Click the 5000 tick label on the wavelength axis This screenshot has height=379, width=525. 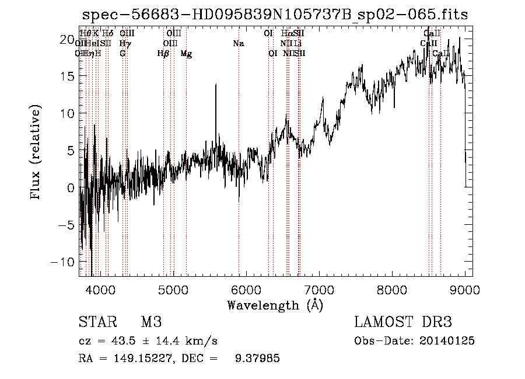point(173,290)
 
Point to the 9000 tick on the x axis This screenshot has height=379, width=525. point(465,290)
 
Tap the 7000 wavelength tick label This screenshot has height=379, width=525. point(319,290)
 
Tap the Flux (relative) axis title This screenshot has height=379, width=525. point(36,152)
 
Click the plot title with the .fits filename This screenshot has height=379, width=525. point(275,15)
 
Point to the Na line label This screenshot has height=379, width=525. point(238,44)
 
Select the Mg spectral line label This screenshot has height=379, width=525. point(186,54)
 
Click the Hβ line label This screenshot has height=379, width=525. point(163,54)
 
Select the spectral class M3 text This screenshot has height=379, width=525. point(151,322)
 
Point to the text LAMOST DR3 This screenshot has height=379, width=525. point(403,322)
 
